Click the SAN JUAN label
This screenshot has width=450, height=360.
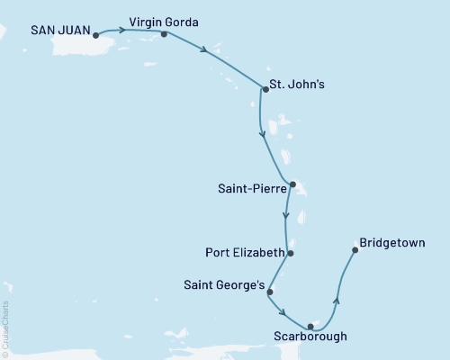60,30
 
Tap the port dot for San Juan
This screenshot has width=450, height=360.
95,37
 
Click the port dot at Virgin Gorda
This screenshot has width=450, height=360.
164,34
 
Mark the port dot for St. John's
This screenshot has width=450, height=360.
264,88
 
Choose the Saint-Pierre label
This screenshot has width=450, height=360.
252,189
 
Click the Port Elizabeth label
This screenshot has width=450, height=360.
245,253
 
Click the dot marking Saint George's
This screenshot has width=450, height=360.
269,292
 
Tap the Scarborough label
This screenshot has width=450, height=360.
311,339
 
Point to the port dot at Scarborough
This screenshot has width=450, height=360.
310,326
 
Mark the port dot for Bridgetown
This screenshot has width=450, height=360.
355,250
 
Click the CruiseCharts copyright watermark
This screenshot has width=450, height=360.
5,328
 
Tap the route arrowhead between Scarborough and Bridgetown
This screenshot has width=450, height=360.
337,301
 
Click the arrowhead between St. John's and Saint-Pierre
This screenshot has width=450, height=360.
262,135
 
